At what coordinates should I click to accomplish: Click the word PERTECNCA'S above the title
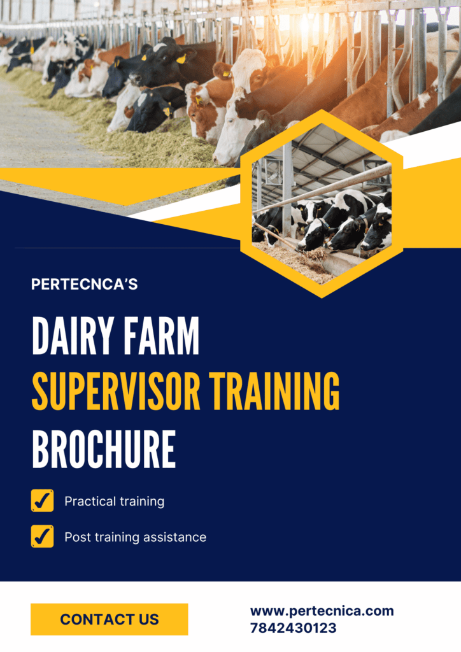(85, 284)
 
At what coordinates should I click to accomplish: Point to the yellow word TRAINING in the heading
(274, 392)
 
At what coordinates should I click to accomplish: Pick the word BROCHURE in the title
(104, 450)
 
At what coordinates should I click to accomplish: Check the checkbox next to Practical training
(43, 500)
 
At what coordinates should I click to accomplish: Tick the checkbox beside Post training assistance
(43, 536)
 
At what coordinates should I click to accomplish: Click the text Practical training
(115, 502)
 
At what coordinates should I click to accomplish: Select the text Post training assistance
(136, 537)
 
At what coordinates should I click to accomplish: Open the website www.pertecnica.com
(322, 611)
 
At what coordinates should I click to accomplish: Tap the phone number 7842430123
(293, 628)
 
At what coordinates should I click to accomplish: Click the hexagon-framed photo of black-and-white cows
(322, 204)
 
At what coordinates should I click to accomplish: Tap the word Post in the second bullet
(78, 537)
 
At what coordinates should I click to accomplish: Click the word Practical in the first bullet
(87, 502)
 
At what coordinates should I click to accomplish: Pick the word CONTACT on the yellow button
(97, 620)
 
